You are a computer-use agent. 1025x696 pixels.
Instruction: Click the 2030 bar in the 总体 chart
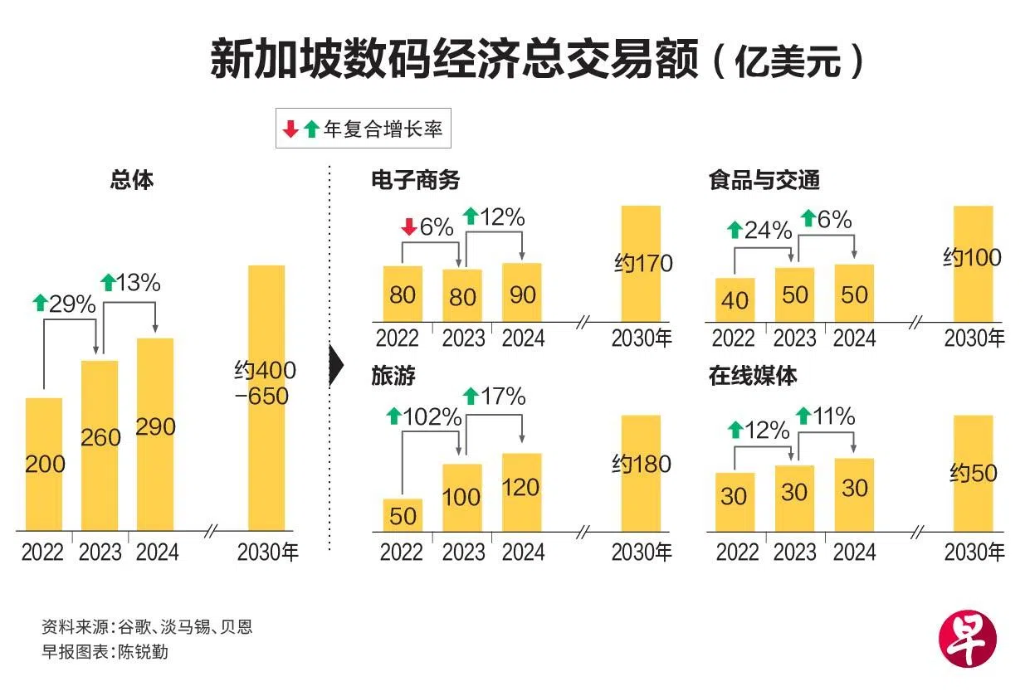[266, 397]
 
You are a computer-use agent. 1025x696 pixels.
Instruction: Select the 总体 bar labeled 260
[100, 445]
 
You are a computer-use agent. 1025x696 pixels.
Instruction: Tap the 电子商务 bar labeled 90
[522, 292]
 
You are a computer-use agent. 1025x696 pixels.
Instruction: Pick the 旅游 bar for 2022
[403, 514]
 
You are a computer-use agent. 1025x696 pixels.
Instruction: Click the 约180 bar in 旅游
[641, 473]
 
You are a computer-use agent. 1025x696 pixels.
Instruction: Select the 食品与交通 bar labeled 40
[735, 299]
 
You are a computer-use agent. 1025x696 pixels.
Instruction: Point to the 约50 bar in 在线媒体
[973, 473]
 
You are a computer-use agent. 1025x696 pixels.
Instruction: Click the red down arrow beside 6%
[408, 226]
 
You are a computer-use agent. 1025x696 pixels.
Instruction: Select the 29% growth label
[73, 304]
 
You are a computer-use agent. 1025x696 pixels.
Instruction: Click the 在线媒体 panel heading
[753, 376]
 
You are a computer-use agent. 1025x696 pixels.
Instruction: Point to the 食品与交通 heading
[764, 180]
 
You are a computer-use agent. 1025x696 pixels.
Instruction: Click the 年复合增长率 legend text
[383, 129]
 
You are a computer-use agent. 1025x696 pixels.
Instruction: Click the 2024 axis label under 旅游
[523, 552]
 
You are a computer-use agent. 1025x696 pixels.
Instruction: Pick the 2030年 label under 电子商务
[642, 338]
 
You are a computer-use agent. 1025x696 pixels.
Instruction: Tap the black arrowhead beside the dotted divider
[336, 365]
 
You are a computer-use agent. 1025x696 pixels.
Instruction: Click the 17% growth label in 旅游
[503, 397]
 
